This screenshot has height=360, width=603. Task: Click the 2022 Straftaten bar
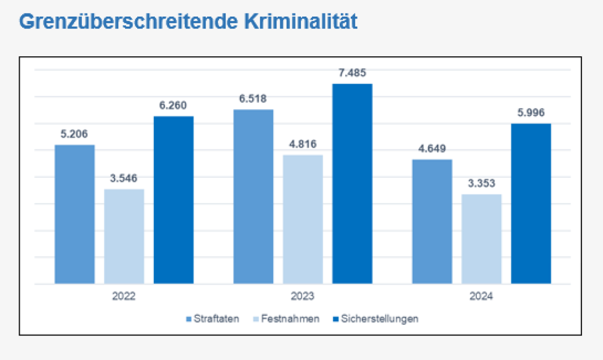(74, 214)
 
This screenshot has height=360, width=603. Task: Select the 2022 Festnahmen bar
(124, 236)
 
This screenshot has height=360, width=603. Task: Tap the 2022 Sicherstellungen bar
(173, 200)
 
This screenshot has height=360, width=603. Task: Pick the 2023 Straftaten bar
(253, 196)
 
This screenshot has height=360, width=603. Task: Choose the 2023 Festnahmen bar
(303, 219)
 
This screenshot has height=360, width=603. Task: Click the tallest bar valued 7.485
(352, 184)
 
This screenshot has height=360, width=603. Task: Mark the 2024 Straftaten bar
(432, 221)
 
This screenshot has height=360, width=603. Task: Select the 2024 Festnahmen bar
(481, 239)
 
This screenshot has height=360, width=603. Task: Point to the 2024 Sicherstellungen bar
(531, 203)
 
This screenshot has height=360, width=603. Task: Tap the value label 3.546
(124, 178)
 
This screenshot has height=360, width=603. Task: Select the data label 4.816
(303, 145)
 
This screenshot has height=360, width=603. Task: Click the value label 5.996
(531, 113)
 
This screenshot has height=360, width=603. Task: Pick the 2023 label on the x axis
(303, 296)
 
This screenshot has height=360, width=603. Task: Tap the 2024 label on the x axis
(481, 296)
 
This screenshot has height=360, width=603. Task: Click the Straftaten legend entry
(213, 319)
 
